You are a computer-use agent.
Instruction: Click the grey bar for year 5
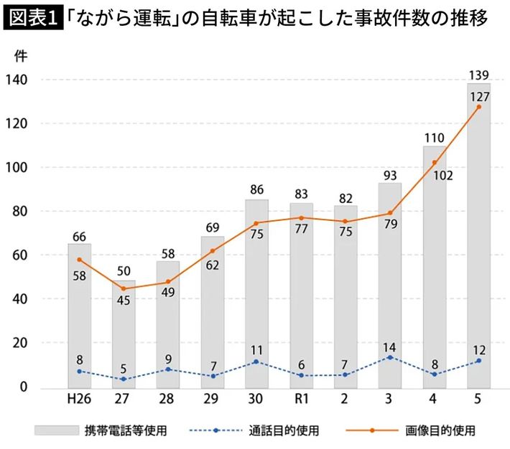479,237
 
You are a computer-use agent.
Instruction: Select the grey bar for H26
80,316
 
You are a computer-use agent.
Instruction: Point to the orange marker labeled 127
479,107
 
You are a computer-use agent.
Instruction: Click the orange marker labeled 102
435,162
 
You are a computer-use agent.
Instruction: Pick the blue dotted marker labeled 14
390,357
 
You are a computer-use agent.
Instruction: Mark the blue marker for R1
302,375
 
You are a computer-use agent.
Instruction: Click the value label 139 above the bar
478,75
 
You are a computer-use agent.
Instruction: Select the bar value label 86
257,191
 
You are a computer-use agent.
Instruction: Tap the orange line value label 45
124,299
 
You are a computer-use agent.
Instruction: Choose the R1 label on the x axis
302,399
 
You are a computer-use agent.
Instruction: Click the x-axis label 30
257,399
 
